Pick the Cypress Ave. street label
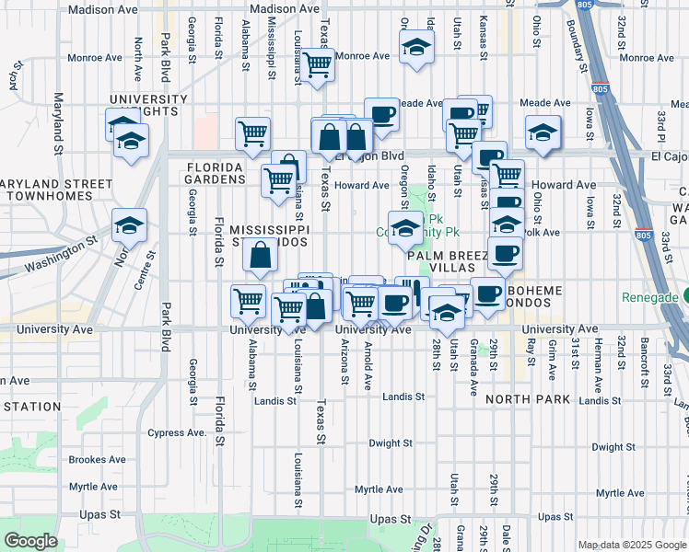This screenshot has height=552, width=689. pos(176,431)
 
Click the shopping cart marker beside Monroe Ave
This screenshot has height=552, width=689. pos(317,65)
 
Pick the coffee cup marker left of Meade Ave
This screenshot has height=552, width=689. pos(381,115)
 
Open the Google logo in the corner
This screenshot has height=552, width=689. pos(31,541)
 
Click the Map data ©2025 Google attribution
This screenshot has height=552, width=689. pos(631,545)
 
